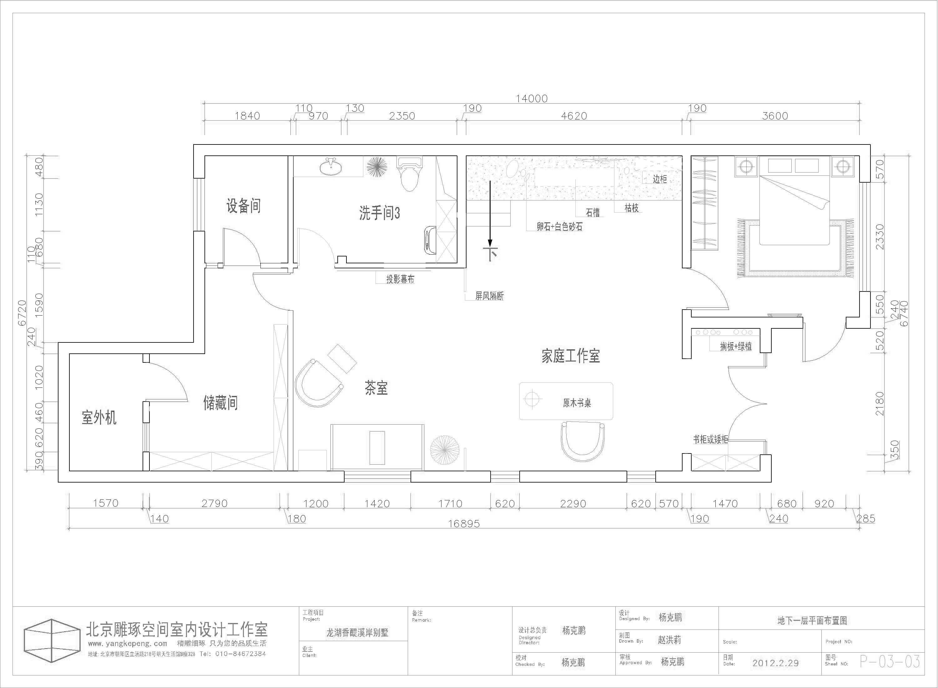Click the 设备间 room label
244,206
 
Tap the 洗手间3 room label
379,213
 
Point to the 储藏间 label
220,403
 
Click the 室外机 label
99,417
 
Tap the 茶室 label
376,388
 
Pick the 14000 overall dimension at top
532,99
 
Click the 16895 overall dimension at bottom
464,524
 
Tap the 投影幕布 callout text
400,279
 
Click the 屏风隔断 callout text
490,296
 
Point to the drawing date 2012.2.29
775,663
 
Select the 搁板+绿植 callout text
736,347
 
